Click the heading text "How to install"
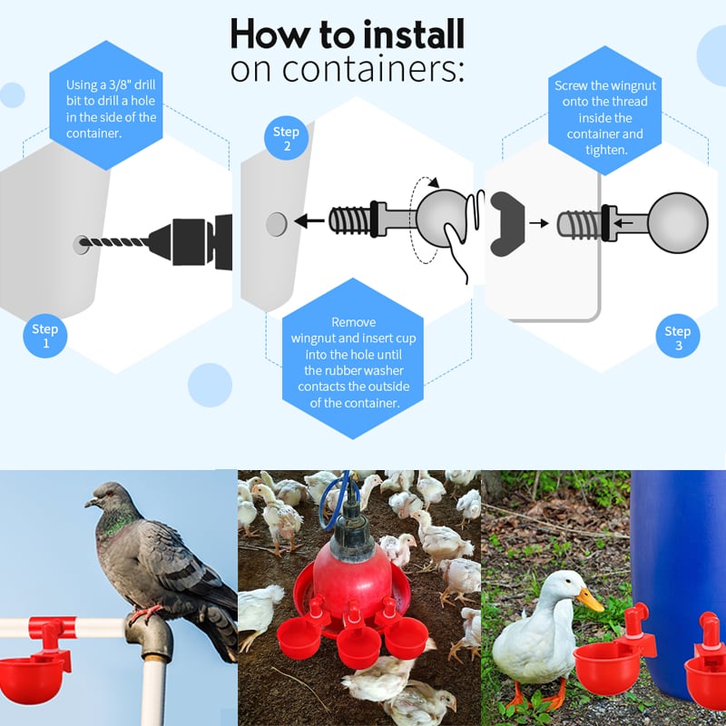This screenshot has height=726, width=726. coord(347,34)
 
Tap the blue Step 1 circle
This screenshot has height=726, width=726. coord(44,335)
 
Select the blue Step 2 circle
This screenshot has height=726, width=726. coord(286,139)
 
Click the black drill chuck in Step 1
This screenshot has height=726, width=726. coord(194,243)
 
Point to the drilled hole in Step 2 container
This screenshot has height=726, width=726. coord(277,222)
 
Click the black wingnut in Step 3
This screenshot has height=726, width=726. coord(508,221)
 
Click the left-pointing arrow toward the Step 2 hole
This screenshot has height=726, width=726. coord(310,221)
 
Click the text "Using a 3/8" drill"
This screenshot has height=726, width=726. coord(111,84)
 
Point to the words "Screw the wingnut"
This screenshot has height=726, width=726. coord(603,85)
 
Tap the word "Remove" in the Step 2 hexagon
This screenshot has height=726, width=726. coord(353,322)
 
